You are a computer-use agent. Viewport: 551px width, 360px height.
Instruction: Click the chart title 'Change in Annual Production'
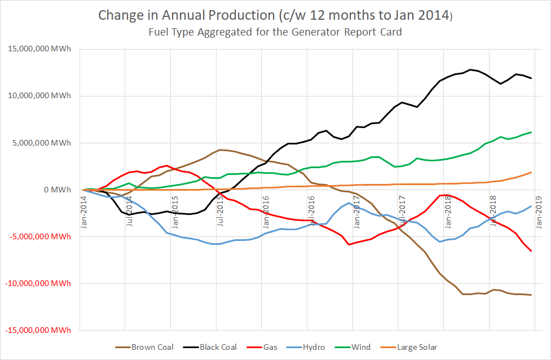point(275,15)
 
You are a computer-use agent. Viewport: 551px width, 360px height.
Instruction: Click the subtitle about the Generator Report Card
point(275,32)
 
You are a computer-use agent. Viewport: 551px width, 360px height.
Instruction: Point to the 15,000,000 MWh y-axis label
point(39,49)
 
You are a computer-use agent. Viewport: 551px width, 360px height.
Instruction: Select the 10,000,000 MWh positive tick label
point(39,96)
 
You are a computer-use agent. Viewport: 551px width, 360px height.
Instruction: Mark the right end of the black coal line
point(531,78)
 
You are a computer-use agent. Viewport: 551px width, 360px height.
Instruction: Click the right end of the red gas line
point(531,251)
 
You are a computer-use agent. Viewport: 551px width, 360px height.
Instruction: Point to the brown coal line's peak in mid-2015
point(220,150)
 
